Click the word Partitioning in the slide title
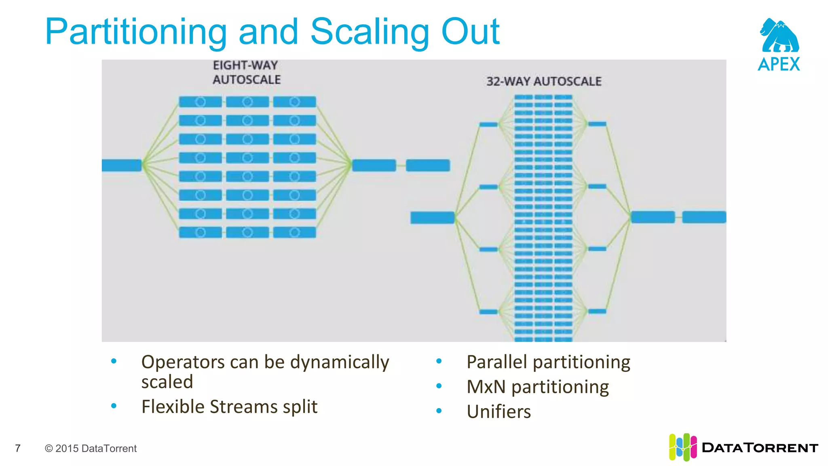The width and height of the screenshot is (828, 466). (x=136, y=32)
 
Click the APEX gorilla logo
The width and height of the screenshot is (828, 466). (x=779, y=36)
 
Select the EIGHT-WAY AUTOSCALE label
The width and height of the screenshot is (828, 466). (x=246, y=73)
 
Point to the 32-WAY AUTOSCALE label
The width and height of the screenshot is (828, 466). (x=544, y=82)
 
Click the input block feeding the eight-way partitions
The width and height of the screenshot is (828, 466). (x=121, y=165)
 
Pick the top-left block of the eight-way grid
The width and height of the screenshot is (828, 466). (x=200, y=102)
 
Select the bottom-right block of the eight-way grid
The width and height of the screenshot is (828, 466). (x=294, y=232)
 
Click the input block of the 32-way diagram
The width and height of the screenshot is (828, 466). (x=432, y=217)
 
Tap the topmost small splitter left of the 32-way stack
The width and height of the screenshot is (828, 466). (x=488, y=124)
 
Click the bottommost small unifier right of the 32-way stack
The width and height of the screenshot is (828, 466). (x=597, y=311)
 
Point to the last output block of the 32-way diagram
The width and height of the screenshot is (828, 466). (x=704, y=217)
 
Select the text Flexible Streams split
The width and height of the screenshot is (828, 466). (x=229, y=407)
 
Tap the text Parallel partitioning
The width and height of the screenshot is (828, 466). (x=548, y=362)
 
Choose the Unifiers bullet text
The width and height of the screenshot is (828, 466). (x=498, y=412)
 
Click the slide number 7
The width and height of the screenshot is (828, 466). (x=18, y=448)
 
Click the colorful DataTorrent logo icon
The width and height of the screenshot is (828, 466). (x=682, y=447)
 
